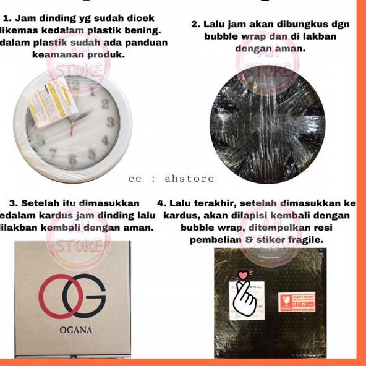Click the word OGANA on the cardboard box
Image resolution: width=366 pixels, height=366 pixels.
75,330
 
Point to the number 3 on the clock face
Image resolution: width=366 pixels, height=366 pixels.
109,123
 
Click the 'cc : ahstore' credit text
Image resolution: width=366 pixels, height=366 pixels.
171,179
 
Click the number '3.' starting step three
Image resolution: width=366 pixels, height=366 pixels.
15,203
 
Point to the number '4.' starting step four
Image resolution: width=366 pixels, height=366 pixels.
163,203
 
